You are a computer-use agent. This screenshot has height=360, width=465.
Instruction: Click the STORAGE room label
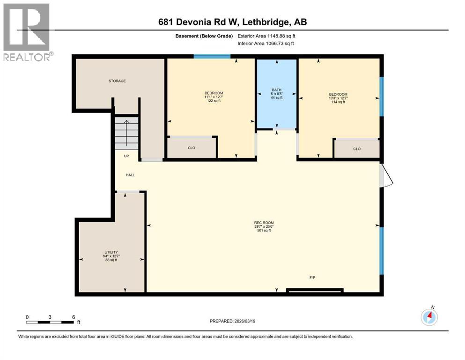[117, 81]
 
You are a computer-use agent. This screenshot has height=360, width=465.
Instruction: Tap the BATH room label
[276, 90]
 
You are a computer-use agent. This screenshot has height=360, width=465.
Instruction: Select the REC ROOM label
[264, 223]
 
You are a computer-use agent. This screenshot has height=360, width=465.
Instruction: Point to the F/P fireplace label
[312, 277]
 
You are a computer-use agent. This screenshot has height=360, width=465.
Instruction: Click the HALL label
[130, 175]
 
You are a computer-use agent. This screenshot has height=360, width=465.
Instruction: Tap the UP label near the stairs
[126, 156]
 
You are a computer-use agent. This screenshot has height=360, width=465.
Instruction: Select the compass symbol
[429, 317]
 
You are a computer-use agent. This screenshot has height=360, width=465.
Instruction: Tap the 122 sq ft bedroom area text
[214, 101]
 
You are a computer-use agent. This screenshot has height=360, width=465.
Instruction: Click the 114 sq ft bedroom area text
[338, 102]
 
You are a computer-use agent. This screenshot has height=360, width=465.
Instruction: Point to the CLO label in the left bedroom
[191, 148]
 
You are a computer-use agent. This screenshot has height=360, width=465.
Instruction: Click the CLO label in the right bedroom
[357, 149]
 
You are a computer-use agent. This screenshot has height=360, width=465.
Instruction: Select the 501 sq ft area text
[264, 231]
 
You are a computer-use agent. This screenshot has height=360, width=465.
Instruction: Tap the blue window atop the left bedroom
[212, 57]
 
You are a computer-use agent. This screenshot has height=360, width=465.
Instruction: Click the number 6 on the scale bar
[74, 317]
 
